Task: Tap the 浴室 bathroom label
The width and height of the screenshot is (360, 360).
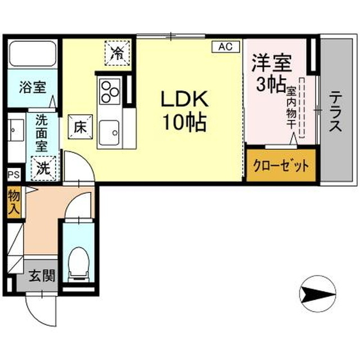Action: coord(33,87)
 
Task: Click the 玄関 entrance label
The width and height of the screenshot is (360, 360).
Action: coord(42,276)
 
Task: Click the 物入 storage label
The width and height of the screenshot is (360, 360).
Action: coord(13,202)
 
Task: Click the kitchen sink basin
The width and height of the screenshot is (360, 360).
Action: coord(110,133)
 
